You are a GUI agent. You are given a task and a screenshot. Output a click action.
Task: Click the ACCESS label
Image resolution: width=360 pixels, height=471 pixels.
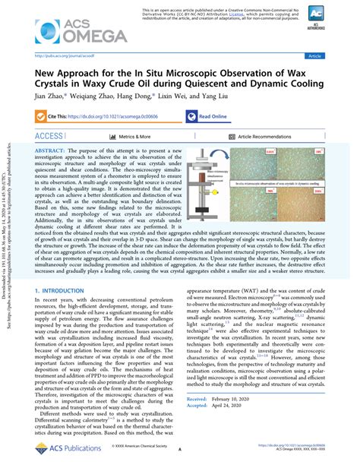(49, 136)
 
